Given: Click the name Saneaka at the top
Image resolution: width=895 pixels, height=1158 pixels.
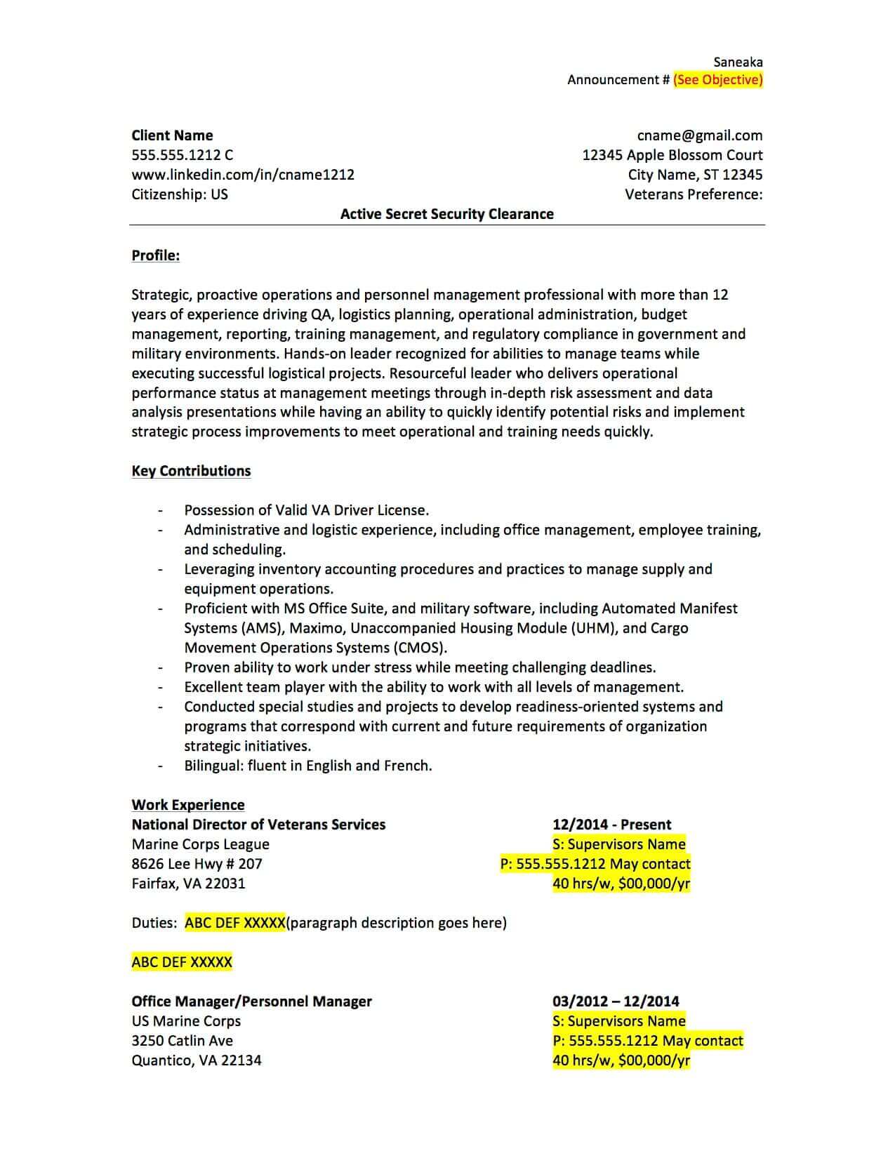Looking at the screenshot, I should click(738, 62).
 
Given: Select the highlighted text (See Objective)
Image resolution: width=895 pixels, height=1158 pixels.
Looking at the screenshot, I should click(717, 80).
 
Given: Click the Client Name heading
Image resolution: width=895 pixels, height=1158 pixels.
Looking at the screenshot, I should click(172, 135).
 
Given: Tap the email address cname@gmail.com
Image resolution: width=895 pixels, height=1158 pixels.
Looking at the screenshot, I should click(700, 135).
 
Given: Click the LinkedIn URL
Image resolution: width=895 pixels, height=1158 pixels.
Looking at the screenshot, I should click(243, 175).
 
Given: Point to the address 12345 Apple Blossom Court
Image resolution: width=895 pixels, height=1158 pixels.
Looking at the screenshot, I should click(672, 155).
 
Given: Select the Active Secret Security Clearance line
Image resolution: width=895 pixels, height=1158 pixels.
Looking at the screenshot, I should click(446, 214).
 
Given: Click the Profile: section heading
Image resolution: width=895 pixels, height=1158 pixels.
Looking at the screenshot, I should click(155, 255).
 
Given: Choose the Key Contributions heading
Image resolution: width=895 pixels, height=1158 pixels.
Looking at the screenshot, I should click(191, 471).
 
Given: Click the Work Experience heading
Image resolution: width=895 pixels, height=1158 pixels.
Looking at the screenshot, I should click(188, 805).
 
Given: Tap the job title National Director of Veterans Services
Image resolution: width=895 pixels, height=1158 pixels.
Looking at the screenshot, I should click(258, 825).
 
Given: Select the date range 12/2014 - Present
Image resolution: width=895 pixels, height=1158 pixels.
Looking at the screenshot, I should click(611, 825).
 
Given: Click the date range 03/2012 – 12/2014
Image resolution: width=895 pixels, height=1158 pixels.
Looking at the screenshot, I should click(616, 1001).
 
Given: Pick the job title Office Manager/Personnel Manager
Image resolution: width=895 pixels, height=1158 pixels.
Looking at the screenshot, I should click(251, 1001).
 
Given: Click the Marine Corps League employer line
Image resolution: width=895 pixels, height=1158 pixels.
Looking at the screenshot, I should click(200, 844).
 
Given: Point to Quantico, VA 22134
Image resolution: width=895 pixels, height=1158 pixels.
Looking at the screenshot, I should click(196, 1060).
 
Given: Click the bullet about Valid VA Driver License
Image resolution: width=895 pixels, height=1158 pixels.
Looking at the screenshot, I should click(306, 510).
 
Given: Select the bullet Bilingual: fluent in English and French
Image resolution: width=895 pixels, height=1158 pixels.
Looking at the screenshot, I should click(307, 766).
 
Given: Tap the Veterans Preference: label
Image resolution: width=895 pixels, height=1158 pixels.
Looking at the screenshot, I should click(694, 194).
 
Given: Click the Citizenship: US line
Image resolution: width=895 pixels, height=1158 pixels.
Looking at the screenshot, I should click(180, 194).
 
